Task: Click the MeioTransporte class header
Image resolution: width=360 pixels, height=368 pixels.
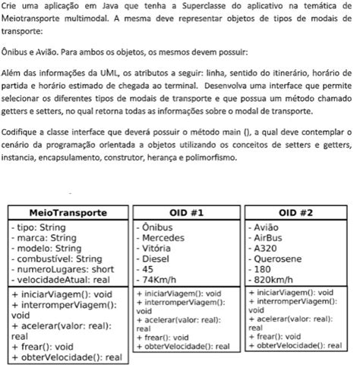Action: point(68,212)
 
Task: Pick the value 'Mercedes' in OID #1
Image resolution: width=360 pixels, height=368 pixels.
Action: point(166,237)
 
